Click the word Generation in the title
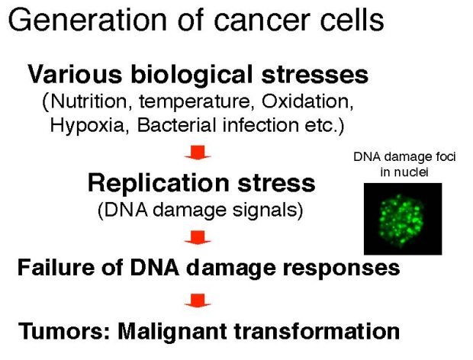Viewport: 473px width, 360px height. click(x=88, y=20)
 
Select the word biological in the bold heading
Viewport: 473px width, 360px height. click(x=191, y=74)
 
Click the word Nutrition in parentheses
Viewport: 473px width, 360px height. click(x=88, y=101)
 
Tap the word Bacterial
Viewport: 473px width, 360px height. click(x=176, y=125)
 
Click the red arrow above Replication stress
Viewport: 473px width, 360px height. click(x=198, y=153)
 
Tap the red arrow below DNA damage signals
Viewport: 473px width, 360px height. click(x=198, y=238)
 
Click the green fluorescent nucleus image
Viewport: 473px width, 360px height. click(x=403, y=219)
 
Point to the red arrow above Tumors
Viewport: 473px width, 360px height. click(x=198, y=301)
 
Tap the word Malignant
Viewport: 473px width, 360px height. click(x=172, y=331)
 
